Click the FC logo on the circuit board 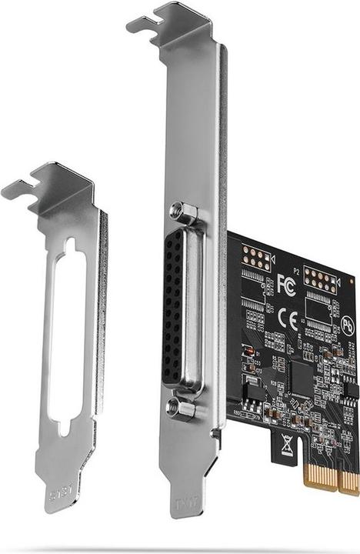pos(286,281)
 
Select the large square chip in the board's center pos(302,377)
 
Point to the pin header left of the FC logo pos(256,259)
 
